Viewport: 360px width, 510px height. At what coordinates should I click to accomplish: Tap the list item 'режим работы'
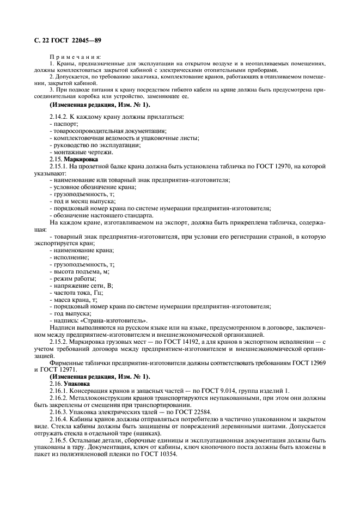click(74, 278)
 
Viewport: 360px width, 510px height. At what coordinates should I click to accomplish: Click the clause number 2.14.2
click(59, 117)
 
